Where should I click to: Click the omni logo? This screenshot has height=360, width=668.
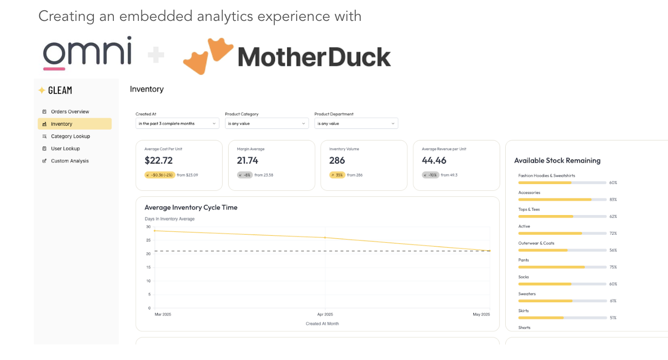[87, 52]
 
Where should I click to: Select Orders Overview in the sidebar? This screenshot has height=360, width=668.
[70, 112]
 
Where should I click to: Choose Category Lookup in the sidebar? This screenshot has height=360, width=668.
[70, 136]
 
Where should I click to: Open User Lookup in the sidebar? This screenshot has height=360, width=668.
[65, 148]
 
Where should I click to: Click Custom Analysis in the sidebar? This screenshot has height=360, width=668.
[69, 161]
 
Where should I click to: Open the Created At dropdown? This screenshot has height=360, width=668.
[177, 124]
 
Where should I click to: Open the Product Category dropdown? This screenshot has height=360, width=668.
[266, 124]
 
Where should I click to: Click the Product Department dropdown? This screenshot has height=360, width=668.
[356, 124]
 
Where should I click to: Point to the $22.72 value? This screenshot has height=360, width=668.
[158, 160]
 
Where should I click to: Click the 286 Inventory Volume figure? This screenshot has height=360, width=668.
[337, 160]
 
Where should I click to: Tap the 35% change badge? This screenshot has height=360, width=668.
[337, 175]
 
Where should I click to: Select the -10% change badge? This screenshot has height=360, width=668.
[431, 175]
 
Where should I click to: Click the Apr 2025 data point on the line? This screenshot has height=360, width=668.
[325, 238]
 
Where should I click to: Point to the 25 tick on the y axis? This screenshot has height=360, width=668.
[148, 240]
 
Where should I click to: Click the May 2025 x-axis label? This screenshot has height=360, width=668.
[481, 315]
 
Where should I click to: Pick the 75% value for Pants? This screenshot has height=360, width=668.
[613, 267]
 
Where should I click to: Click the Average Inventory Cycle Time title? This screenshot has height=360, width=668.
[191, 208]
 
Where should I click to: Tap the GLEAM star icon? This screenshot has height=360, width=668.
[42, 90]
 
